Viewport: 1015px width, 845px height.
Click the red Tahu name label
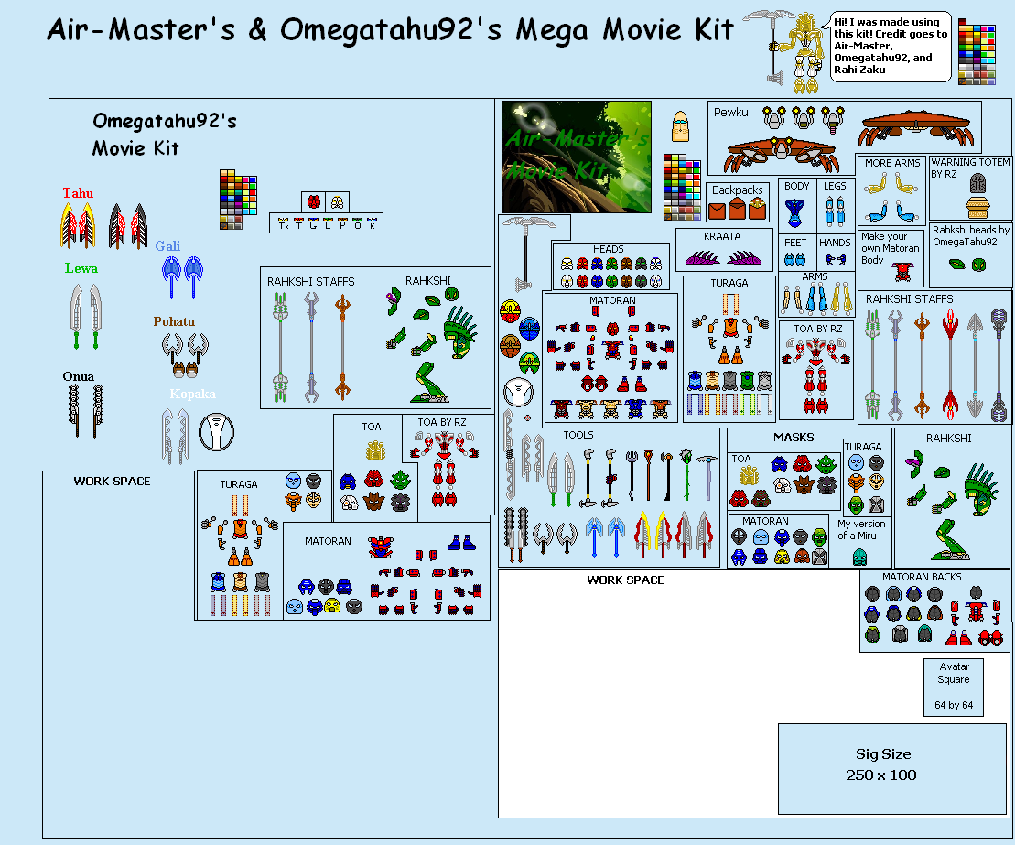coord(78,193)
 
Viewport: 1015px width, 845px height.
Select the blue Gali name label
coord(167,246)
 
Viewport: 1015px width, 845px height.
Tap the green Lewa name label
coord(81,269)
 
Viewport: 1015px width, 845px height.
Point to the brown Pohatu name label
coord(174,322)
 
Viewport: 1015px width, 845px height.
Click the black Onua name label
coord(79,377)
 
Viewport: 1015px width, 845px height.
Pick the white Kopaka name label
coord(192,394)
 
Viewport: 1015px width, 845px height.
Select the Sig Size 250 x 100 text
coord(883,764)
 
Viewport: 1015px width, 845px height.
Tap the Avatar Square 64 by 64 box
coord(954,686)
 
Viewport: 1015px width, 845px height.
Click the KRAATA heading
coord(722,236)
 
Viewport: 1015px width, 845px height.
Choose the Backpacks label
coord(738,190)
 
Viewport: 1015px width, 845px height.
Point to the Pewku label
coord(731,113)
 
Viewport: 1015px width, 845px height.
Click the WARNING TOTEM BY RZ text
coord(970,168)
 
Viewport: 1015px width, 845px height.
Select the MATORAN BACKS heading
coord(922,577)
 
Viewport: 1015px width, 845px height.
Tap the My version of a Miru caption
coord(861,530)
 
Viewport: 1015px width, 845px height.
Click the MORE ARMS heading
coord(892,163)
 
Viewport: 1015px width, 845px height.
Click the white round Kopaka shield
coord(216,432)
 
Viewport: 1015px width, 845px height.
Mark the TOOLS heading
coord(578,435)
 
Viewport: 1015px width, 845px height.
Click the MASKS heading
coord(793,437)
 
